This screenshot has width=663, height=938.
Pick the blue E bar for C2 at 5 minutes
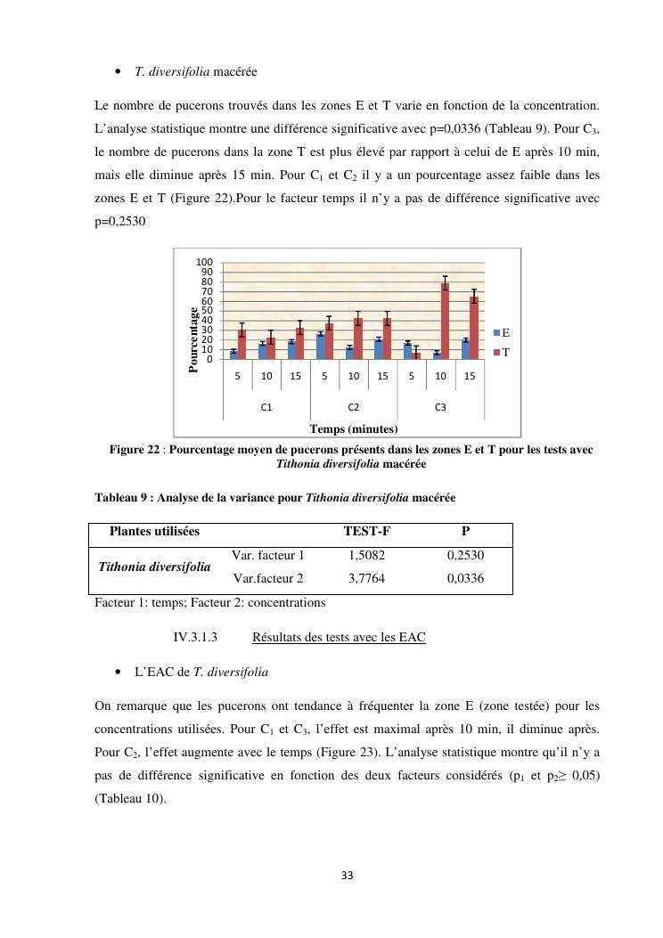click(321, 347)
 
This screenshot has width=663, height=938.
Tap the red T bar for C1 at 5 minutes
click(241, 345)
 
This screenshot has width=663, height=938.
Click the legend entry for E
click(501, 332)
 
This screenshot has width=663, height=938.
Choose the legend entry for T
click(501, 352)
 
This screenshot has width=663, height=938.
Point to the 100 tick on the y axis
click(205, 263)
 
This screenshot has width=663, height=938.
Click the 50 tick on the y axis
click(207, 311)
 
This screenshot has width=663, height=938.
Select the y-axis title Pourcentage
click(193, 339)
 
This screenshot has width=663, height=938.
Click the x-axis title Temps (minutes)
click(353, 429)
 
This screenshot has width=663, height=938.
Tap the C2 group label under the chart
click(353, 407)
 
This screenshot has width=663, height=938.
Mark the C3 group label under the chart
click(440, 407)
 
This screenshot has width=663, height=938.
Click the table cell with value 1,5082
click(367, 555)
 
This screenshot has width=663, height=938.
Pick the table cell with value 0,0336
click(465, 578)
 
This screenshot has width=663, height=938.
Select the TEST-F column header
click(367, 532)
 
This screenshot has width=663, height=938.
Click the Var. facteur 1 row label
click(268, 555)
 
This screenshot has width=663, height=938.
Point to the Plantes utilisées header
click(154, 532)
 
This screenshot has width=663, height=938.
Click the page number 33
click(348, 876)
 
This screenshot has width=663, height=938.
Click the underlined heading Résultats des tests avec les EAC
click(339, 637)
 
